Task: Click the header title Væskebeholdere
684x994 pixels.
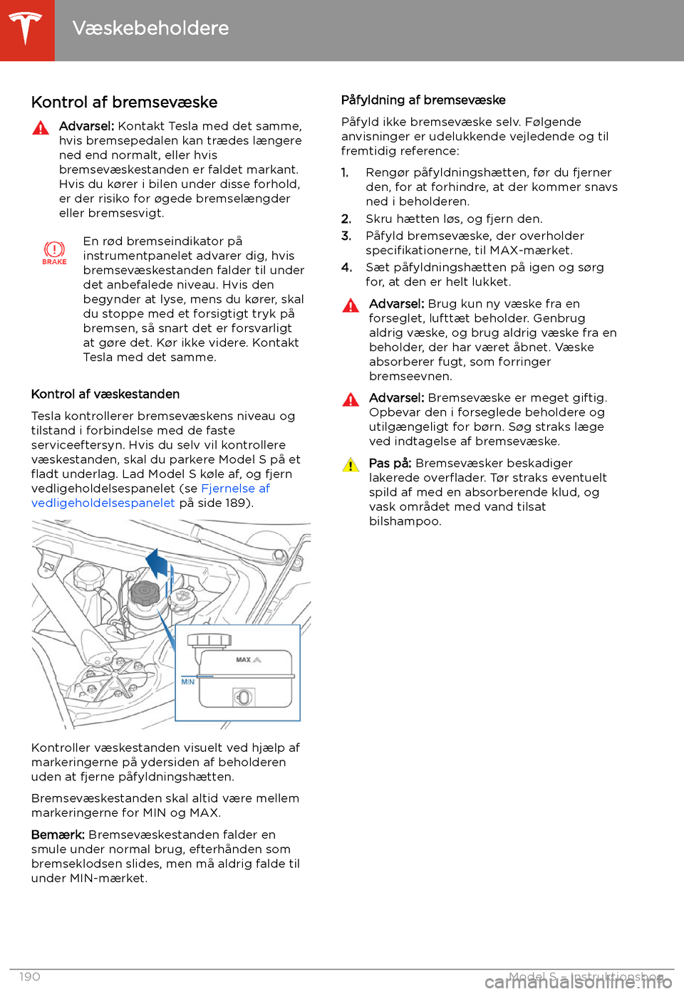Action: [150, 28]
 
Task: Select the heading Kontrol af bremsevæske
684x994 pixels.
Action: [124, 103]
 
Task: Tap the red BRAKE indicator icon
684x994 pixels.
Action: [54, 251]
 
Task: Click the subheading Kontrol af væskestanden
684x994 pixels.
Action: [105, 394]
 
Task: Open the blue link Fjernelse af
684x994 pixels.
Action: [235, 488]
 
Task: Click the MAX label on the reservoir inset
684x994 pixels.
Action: [244, 660]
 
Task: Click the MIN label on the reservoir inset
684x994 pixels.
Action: [187, 682]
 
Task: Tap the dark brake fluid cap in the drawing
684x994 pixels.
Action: [145, 592]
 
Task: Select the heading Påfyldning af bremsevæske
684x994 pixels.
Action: [423, 100]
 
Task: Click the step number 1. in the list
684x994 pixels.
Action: [345, 173]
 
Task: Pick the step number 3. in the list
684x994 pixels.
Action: [346, 236]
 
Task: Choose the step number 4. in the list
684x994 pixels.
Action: [346, 268]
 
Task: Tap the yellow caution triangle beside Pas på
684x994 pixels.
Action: [351, 465]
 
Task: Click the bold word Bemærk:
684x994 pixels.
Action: [58, 835]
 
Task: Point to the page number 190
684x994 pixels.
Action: [30, 977]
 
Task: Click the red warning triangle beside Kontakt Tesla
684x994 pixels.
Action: [41, 128]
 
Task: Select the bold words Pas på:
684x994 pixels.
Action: [390, 464]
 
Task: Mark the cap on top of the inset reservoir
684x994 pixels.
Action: [209, 640]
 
